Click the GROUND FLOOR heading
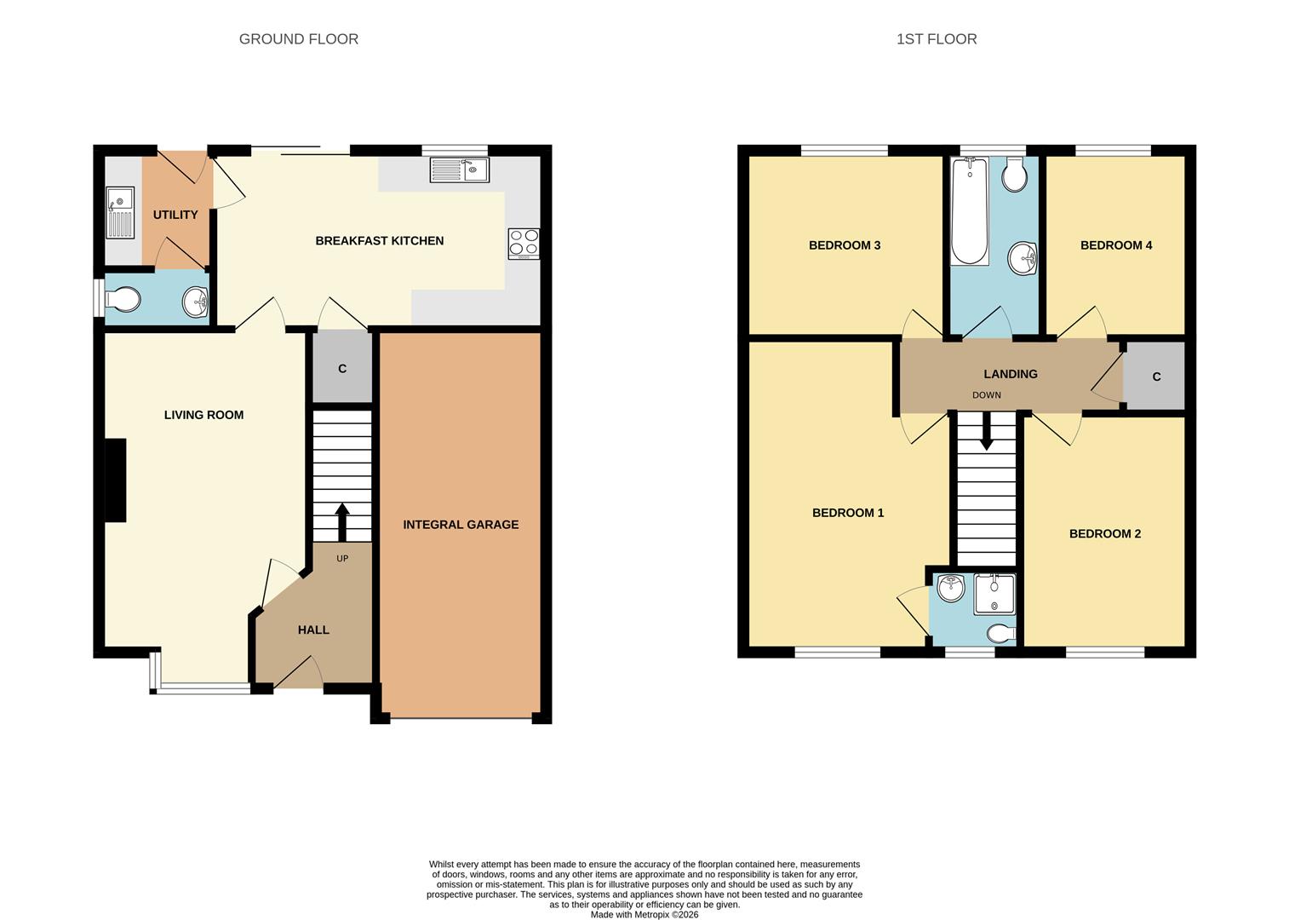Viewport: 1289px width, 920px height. click(x=298, y=39)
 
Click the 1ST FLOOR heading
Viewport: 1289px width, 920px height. click(x=936, y=39)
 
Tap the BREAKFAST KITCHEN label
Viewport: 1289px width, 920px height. click(x=379, y=241)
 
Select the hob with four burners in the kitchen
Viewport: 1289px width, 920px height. click(x=524, y=244)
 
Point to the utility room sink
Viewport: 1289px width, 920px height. click(x=120, y=212)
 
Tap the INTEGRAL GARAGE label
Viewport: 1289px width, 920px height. click(x=461, y=525)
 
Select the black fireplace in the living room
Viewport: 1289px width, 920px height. click(x=115, y=480)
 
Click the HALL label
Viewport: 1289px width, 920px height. click(x=313, y=630)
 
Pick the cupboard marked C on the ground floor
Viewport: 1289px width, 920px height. click(x=342, y=368)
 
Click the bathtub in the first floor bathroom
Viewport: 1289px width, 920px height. click(x=969, y=210)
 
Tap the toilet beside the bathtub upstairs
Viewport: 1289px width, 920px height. click(x=1014, y=175)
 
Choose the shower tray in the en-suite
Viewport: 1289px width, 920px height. click(x=994, y=594)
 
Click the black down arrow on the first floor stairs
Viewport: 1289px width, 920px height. click(x=986, y=431)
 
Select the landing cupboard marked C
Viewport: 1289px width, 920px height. click(x=1155, y=377)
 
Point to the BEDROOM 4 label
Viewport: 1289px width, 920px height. click(x=1115, y=245)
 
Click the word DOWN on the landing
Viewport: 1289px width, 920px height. click(x=986, y=395)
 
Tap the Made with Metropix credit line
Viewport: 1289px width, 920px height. click(x=644, y=915)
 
